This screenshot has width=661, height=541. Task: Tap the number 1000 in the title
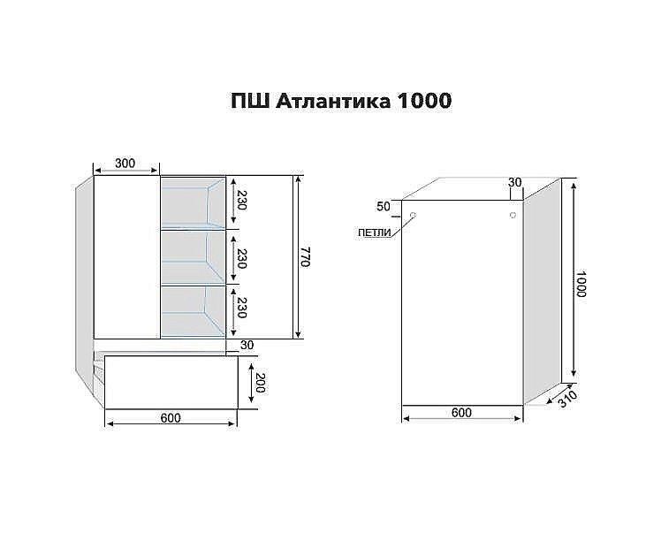click(425, 102)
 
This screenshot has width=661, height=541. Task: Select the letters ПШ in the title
click(252, 102)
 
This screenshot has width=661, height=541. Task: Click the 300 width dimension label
click(125, 164)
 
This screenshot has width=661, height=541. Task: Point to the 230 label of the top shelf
click(239, 202)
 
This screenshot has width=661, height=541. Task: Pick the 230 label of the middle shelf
click(239, 257)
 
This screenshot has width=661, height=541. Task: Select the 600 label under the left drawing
click(171, 418)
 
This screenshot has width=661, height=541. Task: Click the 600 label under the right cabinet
click(461, 413)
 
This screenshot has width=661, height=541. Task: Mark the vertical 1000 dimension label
click(581, 282)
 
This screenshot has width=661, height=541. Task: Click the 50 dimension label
click(383, 207)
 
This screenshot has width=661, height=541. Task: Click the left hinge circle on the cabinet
click(414, 215)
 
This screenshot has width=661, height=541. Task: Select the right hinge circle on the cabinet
click(512, 215)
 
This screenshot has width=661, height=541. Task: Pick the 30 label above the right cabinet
click(515, 182)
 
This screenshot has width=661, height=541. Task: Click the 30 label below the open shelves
click(247, 346)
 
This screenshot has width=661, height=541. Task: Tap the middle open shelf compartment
click(192, 257)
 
